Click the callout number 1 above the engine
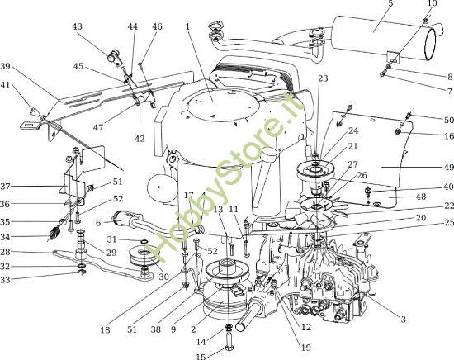point(188,26)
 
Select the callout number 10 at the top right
point(432,4)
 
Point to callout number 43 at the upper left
point(78,26)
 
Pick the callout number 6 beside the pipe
point(99,222)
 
